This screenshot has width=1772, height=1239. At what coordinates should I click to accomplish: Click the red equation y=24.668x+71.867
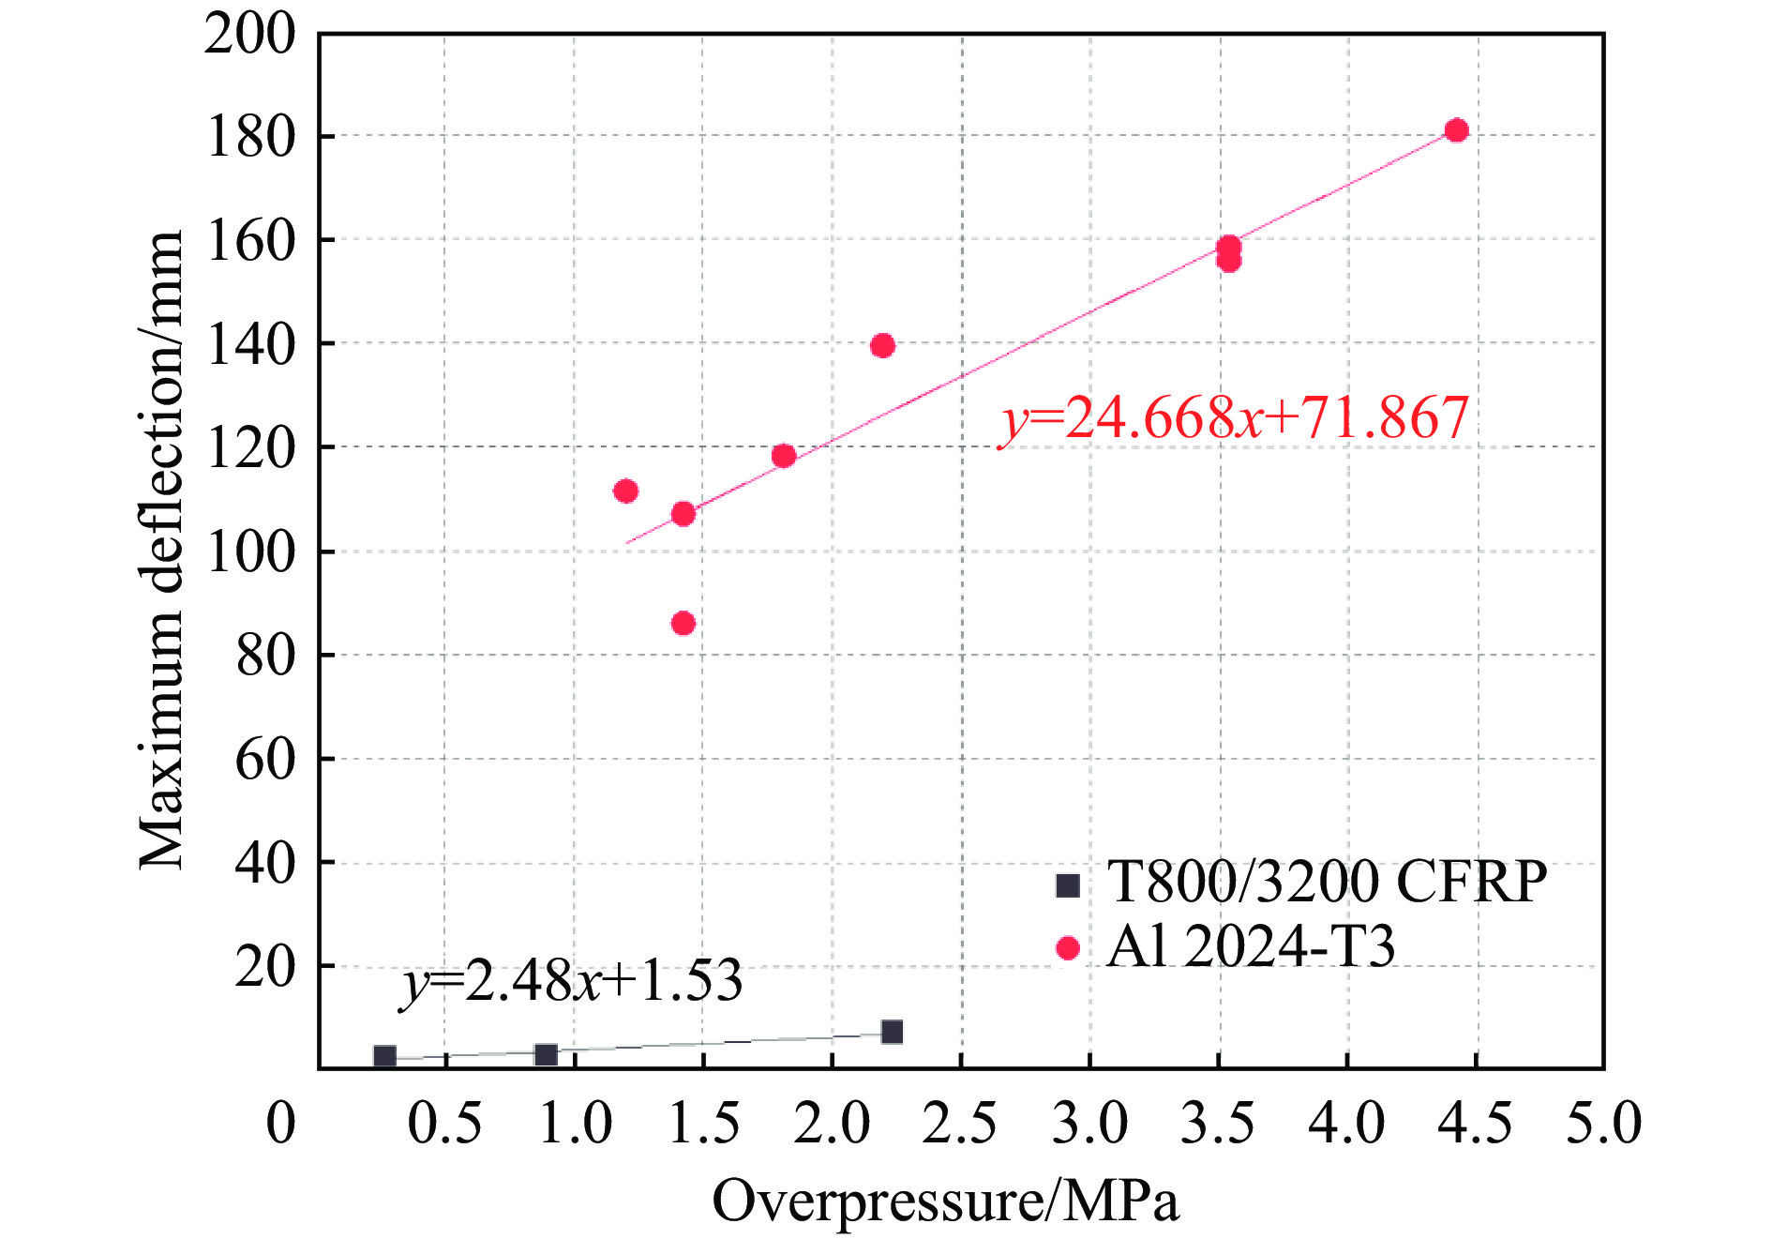tap(1234, 418)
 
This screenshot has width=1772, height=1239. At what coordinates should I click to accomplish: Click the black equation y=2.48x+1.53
tap(572, 981)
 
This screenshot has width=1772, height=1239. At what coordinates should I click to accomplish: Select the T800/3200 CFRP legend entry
tap(1301, 882)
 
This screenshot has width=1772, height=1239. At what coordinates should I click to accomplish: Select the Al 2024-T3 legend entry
tap(1226, 946)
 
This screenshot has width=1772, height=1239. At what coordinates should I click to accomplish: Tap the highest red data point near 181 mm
tap(1456, 130)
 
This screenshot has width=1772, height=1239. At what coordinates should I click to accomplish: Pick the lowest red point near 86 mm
tap(683, 624)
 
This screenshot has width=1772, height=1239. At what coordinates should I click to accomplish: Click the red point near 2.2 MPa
tap(882, 346)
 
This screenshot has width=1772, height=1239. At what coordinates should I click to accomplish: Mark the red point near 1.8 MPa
tap(784, 457)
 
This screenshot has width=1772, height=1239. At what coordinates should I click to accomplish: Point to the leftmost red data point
tap(626, 491)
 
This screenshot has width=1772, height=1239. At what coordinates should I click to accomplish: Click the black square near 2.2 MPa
tap(892, 1032)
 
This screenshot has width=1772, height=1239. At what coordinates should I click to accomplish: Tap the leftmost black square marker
tap(384, 1057)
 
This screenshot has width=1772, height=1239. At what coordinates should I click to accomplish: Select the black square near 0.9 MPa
tap(546, 1055)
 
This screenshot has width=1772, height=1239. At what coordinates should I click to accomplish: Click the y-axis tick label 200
tap(249, 36)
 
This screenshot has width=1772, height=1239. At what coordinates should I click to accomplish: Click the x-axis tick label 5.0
tap(1604, 1124)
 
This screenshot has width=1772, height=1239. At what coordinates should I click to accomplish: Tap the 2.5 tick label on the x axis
tap(960, 1124)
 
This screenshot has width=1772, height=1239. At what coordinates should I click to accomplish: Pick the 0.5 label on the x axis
tap(444, 1124)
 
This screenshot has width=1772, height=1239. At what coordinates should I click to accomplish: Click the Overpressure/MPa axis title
tap(945, 1201)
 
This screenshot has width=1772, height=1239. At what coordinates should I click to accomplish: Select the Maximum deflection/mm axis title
tap(161, 551)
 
